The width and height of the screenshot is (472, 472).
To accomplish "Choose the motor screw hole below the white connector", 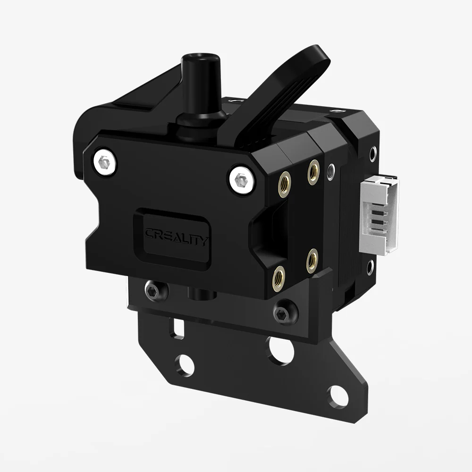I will (371, 270).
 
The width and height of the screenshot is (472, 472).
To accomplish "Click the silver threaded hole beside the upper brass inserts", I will (331, 169).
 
